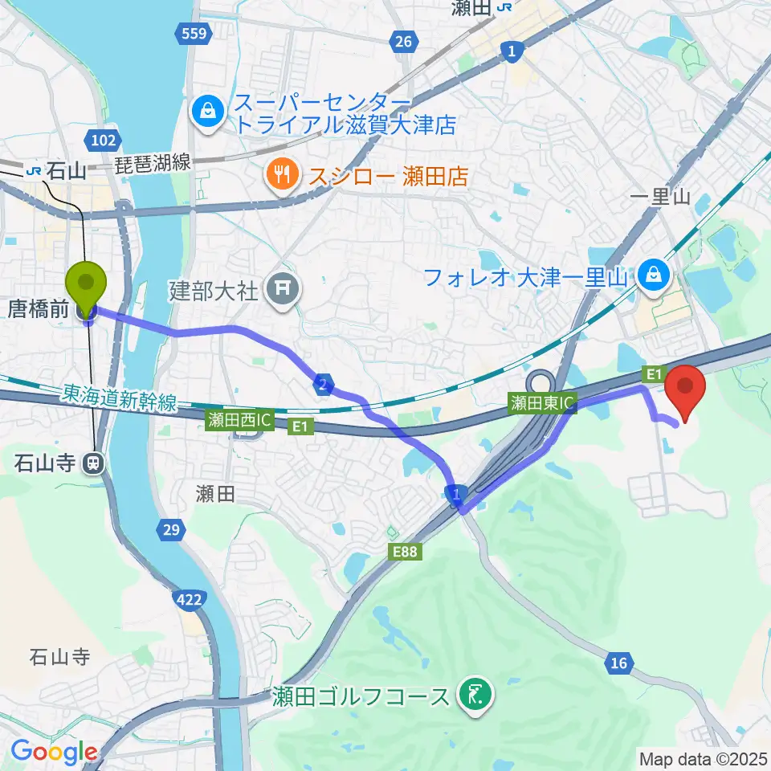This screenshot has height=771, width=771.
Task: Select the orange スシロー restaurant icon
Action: [281, 174]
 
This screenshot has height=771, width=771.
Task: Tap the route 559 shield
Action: [192, 34]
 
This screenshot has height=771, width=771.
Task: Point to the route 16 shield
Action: [618, 663]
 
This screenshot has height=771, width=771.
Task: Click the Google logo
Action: [54, 752]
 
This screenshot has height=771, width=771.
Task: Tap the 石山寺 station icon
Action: [94, 463]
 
